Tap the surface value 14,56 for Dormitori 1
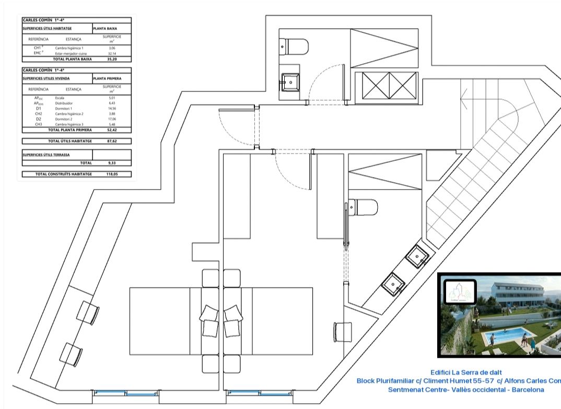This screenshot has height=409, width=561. click(x=111, y=109)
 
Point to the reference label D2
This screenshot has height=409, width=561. click(x=38, y=119)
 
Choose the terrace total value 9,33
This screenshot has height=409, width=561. click(x=111, y=163)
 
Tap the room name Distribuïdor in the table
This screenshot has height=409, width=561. click(x=64, y=103)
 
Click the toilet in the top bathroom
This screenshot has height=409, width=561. click(x=294, y=46)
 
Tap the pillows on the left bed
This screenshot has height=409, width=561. click(x=211, y=320)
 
